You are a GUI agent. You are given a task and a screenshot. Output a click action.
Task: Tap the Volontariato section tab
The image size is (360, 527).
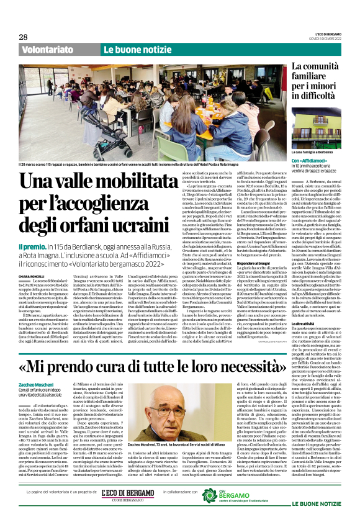45,49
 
